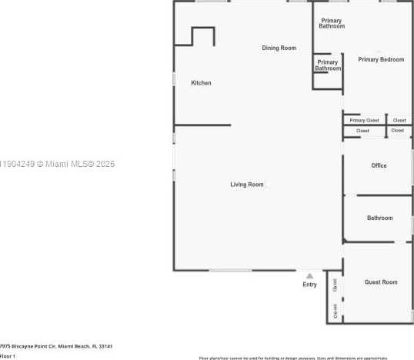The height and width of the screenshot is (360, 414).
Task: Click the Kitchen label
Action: click(x=201, y=83)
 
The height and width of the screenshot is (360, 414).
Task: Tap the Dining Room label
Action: click(x=279, y=48)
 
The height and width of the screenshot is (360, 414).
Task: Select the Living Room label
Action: click(x=246, y=185)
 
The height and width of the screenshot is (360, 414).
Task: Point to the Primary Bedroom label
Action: click(x=380, y=60)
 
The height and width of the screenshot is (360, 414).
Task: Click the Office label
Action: click(x=379, y=165)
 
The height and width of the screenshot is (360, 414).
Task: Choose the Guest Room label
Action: click(x=381, y=282)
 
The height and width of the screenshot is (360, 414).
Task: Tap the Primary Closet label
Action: click(x=364, y=121)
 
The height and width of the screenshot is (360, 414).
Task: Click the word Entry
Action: click(x=309, y=285)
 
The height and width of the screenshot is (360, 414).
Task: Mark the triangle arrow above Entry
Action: click(x=309, y=275)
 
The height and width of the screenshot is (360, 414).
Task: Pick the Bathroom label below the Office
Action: click(x=379, y=218)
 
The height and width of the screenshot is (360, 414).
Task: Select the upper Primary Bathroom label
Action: click(x=332, y=23)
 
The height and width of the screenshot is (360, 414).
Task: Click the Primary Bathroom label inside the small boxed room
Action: click(x=327, y=65)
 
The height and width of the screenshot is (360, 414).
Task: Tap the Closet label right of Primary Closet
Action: click(x=399, y=121)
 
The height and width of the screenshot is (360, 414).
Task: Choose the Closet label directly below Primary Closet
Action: click(x=362, y=131)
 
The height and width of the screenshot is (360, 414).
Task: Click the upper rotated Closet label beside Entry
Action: click(x=336, y=285)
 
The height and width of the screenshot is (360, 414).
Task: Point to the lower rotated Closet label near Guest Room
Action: click(x=336, y=311)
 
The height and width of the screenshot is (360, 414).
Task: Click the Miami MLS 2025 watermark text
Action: click(x=58, y=164)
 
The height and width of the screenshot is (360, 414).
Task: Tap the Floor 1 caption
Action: click(x=8, y=356)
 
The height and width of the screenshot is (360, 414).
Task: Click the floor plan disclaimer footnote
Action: click(x=293, y=358)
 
